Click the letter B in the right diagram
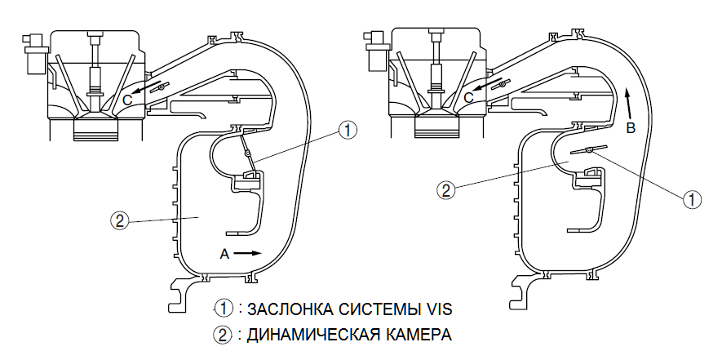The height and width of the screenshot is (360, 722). (x=630, y=127)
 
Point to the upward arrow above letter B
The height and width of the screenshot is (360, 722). (x=628, y=101)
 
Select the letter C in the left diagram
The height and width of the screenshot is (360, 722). (x=128, y=97)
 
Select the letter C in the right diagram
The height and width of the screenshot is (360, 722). (x=468, y=97)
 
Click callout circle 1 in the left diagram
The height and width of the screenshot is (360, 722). (x=348, y=130)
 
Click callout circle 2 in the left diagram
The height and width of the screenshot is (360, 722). (x=121, y=220)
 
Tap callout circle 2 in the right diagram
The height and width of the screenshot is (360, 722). (x=445, y=191)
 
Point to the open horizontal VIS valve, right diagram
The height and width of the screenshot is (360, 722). (x=589, y=149)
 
